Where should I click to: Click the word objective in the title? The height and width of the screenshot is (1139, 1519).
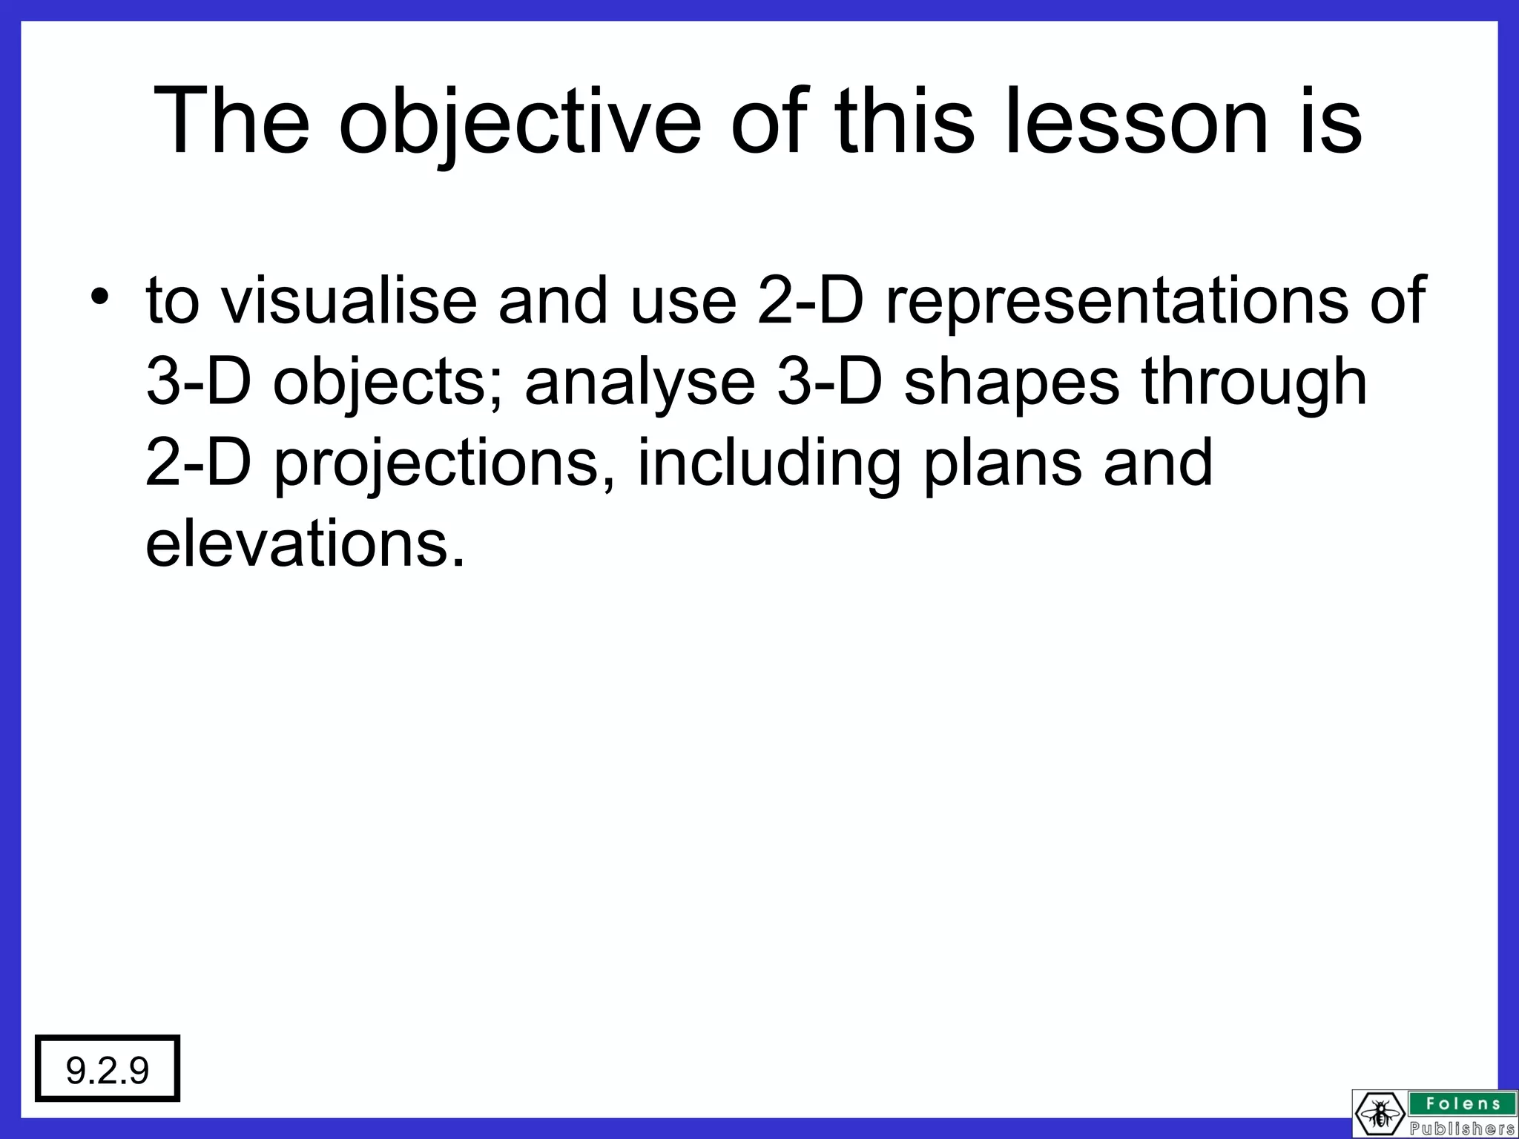click(519, 122)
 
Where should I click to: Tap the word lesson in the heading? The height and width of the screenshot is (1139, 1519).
click(1136, 122)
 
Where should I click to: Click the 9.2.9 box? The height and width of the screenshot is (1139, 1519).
click(108, 1069)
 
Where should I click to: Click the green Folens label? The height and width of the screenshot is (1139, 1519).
click(1460, 1103)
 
